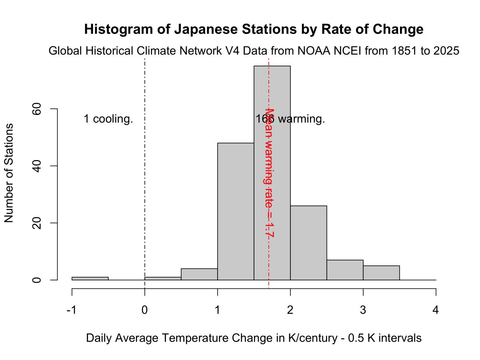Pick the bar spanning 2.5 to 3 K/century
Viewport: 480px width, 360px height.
[345, 270]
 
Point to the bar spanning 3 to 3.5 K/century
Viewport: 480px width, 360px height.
[381, 273]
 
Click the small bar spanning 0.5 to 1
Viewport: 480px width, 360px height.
[199, 274]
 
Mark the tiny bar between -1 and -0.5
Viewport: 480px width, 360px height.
[90, 278]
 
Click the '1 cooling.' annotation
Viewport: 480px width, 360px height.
[108, 119]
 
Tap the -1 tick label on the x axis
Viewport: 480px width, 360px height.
[72, 310]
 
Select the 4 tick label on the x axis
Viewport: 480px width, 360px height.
[436, 310]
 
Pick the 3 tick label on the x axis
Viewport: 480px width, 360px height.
[363, 310]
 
